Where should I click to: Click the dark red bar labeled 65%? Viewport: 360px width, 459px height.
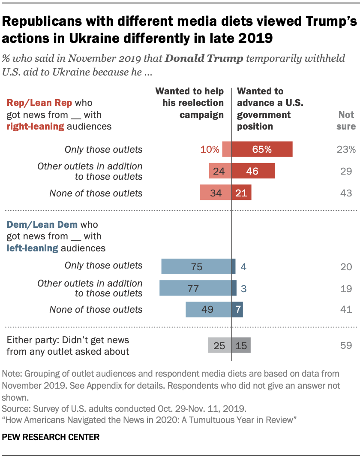262,150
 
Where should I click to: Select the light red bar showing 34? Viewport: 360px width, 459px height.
216,193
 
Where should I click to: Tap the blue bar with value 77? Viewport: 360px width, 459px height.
195,288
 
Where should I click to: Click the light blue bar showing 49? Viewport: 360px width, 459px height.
208,309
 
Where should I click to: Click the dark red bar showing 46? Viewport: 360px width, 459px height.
253,171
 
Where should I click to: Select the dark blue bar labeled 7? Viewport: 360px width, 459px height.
237,309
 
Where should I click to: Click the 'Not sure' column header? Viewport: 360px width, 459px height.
346,121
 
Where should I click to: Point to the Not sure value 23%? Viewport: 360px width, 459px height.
346,150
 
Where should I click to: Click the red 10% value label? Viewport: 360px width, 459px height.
209,150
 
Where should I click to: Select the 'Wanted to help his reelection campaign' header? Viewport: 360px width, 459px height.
189,103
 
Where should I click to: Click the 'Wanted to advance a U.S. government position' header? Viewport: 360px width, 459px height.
264,109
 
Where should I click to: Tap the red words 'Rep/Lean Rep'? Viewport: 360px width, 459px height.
39,103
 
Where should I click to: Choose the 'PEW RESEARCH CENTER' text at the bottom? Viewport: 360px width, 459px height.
51,438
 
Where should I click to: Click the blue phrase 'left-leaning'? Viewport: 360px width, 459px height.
32,248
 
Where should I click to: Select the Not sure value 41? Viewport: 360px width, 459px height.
346,309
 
